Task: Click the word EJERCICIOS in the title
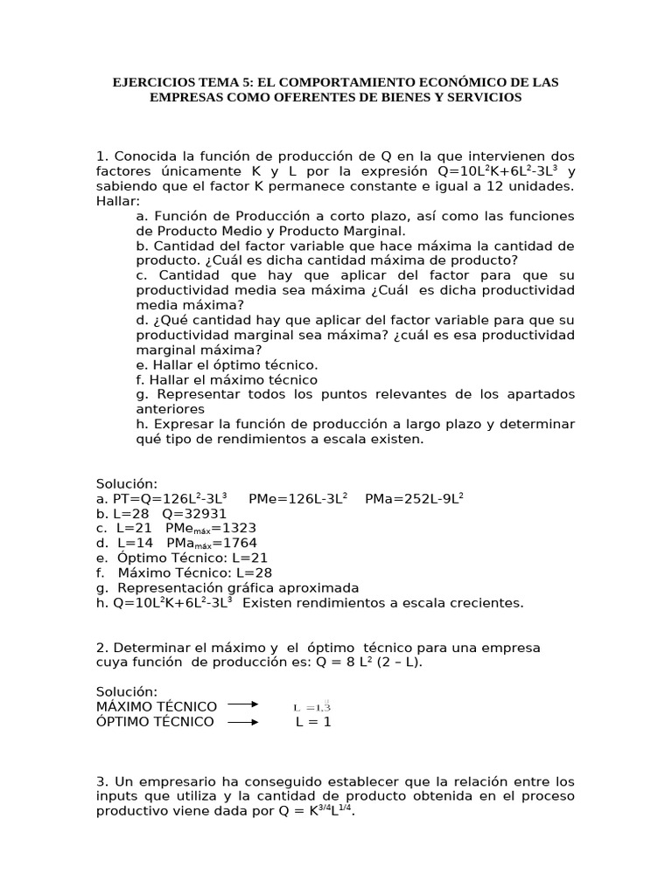151,82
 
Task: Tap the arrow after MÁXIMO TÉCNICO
242,706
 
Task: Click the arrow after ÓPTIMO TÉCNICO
242,722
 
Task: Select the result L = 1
312,722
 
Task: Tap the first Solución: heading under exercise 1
127,483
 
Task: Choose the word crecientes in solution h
489,602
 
